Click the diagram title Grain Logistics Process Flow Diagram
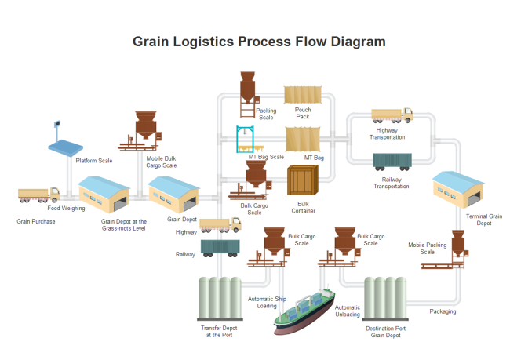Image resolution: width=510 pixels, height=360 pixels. tap(259, 41)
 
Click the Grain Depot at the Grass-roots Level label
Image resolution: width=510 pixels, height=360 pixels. tap(124, 225)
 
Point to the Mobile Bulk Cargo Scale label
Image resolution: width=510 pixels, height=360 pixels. tap(162, 162)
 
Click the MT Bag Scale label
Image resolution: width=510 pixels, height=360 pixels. tap(266, 157)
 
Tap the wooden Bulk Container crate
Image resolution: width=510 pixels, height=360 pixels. tap(302, 182)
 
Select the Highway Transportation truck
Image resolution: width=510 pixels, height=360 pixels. tap(392, 115)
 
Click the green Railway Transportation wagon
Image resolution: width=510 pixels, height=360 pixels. tap(392, 160)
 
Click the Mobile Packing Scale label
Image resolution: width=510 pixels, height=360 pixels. tap(427, 248)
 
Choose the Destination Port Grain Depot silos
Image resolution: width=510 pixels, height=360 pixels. tap(385, 299)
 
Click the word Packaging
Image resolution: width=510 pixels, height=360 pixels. tap(443, 311)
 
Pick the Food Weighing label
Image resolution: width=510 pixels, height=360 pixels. tap(66, 208)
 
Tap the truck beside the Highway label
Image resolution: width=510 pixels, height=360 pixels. tap(220, 226)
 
